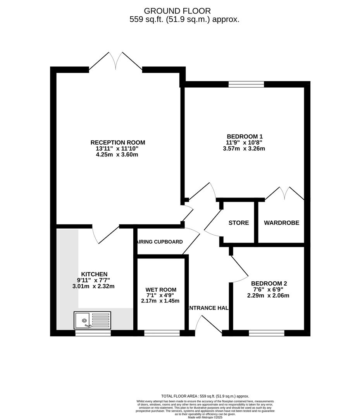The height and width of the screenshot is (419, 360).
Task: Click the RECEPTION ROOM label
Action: tap(117, 142)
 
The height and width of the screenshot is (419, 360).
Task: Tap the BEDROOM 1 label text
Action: tap(245, 136)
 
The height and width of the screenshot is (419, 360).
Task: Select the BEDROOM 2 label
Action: tap(269, 283)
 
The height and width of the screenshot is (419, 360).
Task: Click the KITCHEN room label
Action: tap(94, 274)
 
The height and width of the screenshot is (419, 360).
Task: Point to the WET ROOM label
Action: tap(161, 289)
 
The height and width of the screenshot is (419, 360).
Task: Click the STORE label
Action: tap(238, 223)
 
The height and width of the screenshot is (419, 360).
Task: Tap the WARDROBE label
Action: tap(281, 223)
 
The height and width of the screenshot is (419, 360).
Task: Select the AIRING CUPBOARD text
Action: tap(160, 242)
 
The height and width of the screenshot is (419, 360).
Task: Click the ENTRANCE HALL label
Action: tap(208, 308)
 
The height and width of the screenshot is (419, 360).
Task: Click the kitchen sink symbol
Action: tap(92, 320)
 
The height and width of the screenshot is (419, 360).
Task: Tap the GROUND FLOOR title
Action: tap(177, 11)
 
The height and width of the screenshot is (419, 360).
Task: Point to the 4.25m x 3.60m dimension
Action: tap(117, 154)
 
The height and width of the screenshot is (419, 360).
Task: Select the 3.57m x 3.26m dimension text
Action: tap(245, 148)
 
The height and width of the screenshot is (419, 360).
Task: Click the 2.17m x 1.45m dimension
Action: tap(161, 301)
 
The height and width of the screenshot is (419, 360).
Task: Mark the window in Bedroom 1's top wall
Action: tap(246, 84)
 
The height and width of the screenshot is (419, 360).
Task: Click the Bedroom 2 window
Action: tap(266, 333)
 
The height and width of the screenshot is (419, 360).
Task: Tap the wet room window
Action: tap(162, 333)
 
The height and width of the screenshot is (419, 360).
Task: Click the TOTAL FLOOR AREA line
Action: tap(205, 396)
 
